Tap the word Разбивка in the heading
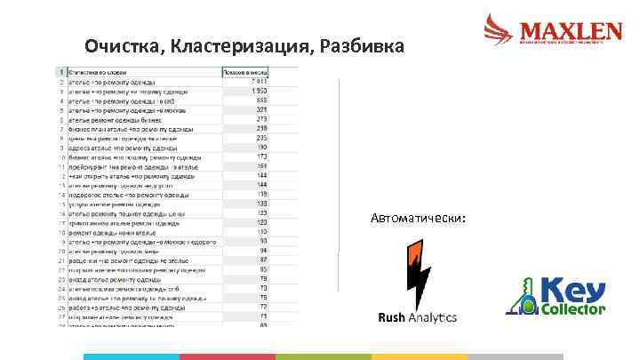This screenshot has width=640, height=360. point(363,46)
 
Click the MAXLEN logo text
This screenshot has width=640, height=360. point(569,30)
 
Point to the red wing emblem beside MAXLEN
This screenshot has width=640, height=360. point(499,29)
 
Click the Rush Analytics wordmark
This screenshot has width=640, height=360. point(417,317)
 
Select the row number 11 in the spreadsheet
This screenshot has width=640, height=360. point(61,165)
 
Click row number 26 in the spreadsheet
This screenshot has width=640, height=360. point(61,306)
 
